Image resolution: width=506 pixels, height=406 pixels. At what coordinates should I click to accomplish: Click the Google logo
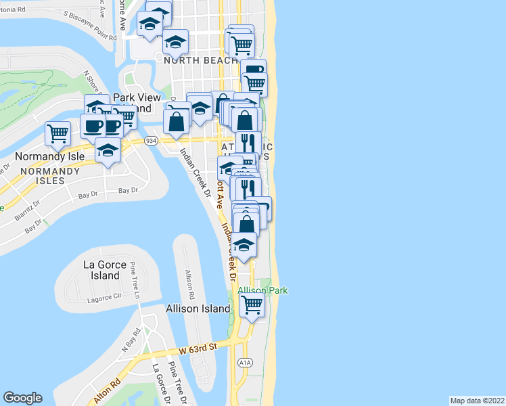tap(22, 398)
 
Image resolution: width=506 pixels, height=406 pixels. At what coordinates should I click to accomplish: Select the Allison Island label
tap(198, 309)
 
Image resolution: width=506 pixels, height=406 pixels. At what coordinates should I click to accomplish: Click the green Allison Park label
tap(263, 290)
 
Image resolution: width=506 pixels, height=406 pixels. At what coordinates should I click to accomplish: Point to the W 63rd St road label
tap(197, 349)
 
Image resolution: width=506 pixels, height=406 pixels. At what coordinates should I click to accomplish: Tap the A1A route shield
tap(245, 363)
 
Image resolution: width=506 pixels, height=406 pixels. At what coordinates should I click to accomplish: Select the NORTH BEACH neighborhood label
tap(200, 60)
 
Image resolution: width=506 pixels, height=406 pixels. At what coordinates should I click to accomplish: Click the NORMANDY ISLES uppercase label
tap(50, 171)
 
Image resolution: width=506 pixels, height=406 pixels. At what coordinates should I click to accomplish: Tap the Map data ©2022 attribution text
tap(476, 401)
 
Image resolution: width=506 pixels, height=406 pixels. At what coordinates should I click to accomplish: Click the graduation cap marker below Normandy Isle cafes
tap(107, 150)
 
